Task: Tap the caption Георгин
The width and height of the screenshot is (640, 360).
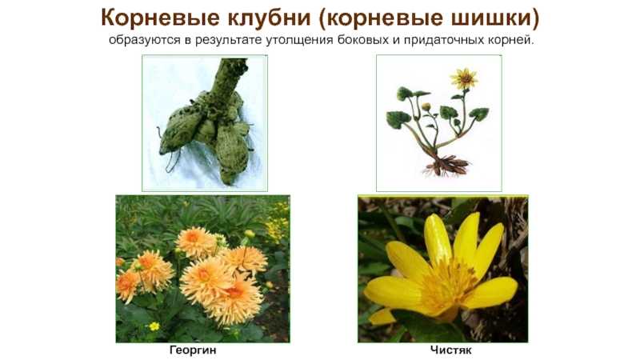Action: click(x=193, y=350)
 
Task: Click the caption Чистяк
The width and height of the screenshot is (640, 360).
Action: click(x=450, y=350)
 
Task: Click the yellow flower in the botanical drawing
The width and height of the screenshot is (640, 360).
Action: click(x=464, y=78)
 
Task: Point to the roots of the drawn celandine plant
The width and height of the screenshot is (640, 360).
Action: click(x=446, y=166)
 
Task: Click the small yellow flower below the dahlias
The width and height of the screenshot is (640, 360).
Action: click(x=154, y=326)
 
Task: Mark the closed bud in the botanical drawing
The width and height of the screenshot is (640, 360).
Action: click(x=426, y=107)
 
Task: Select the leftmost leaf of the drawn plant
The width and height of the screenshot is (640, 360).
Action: click(x=395, y=120)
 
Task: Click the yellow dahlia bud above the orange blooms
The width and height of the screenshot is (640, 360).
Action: click(x=250, y=234)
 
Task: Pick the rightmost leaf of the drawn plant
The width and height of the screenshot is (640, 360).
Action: click(x=478, y=114)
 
